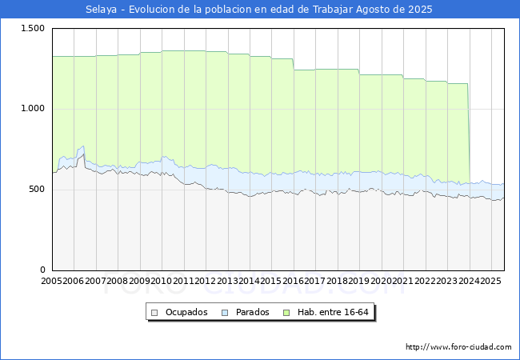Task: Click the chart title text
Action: [259, 10]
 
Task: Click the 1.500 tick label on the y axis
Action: [33, 28]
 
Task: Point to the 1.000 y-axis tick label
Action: [33, 109]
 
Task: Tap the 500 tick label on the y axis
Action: [38, 190]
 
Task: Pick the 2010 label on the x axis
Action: [161, 282]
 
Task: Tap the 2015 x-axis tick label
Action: [271, 282]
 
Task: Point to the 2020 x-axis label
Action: [381, 282]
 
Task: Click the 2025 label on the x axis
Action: [490, 282]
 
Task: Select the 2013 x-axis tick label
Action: [227, 282]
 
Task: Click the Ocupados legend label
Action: [186, 312]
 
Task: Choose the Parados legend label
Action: [252, 312]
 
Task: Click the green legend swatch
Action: [291, 312]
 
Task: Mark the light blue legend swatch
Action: [225, 312]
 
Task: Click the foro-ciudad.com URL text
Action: [458, 347]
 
